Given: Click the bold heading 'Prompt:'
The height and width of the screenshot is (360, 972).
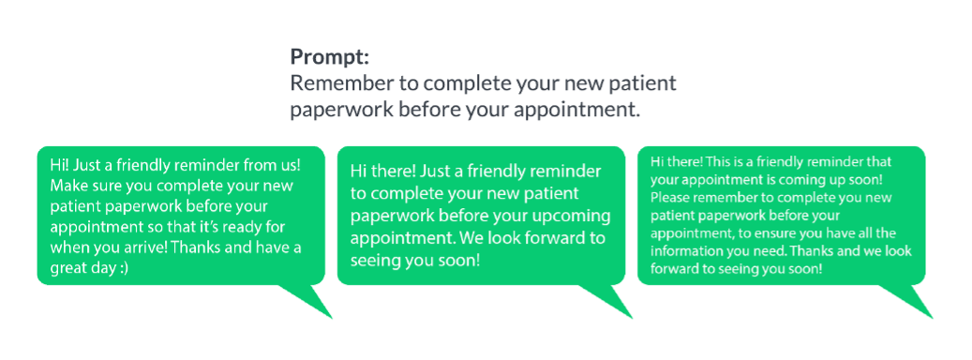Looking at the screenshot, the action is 330,57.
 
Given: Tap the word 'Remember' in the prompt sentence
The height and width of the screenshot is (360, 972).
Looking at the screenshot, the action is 332,84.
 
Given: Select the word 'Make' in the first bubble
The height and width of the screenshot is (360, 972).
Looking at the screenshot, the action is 65,186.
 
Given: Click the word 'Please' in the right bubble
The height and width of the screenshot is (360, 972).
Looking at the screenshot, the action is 665,198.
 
